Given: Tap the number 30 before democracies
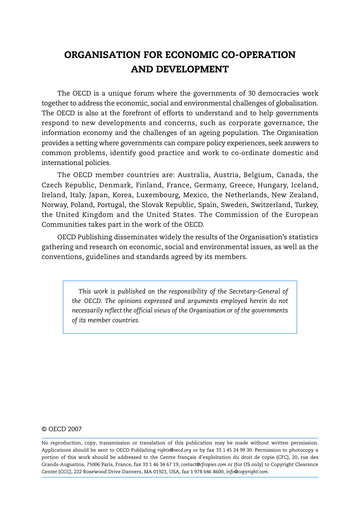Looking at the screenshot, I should pos(252,93).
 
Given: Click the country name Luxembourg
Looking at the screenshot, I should pos(158,195).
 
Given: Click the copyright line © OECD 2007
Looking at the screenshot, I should pos(62,429).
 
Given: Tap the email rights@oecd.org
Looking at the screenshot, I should pos(174,450).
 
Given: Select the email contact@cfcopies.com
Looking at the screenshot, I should pos(203,465).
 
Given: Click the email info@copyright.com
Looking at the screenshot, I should pos(247,472).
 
